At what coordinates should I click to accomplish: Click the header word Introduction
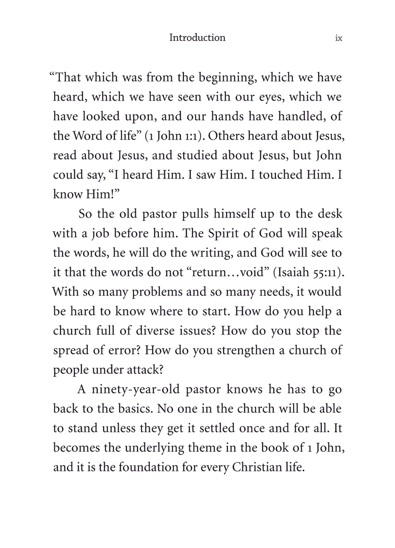(x=197, y=38)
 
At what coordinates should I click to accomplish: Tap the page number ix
(x=338, y=38)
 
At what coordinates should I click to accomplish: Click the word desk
(x=330, y=214)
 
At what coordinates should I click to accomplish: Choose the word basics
(x=134, y=409)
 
